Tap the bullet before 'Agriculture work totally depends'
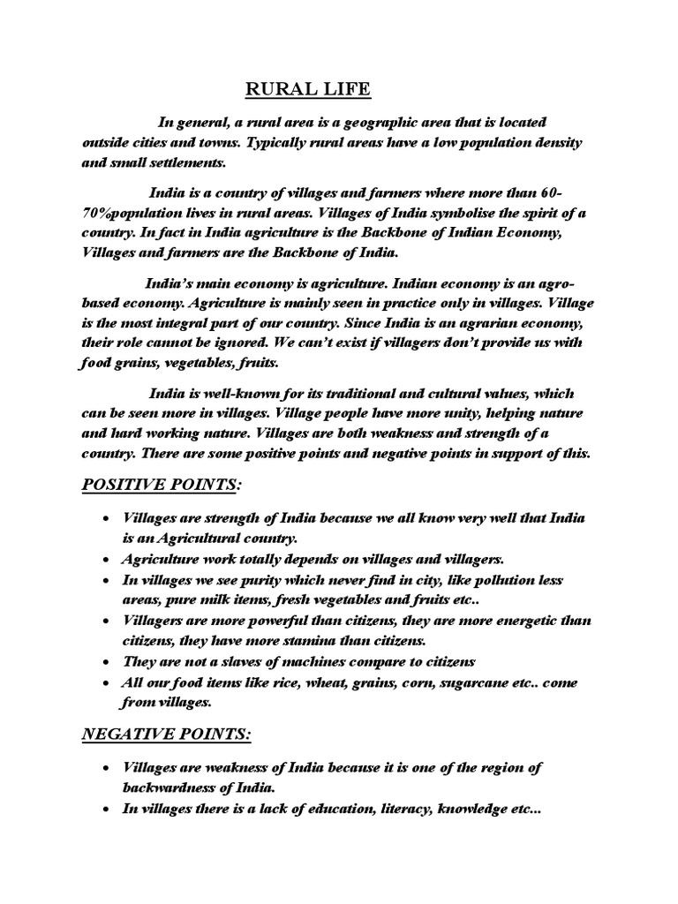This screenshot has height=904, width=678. pyautogui.click(x=107, y=560)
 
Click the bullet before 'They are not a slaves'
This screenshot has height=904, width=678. pyautogui.click(x=107, y=662)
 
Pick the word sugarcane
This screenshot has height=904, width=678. pyautogui.click(x=421, y=683)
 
